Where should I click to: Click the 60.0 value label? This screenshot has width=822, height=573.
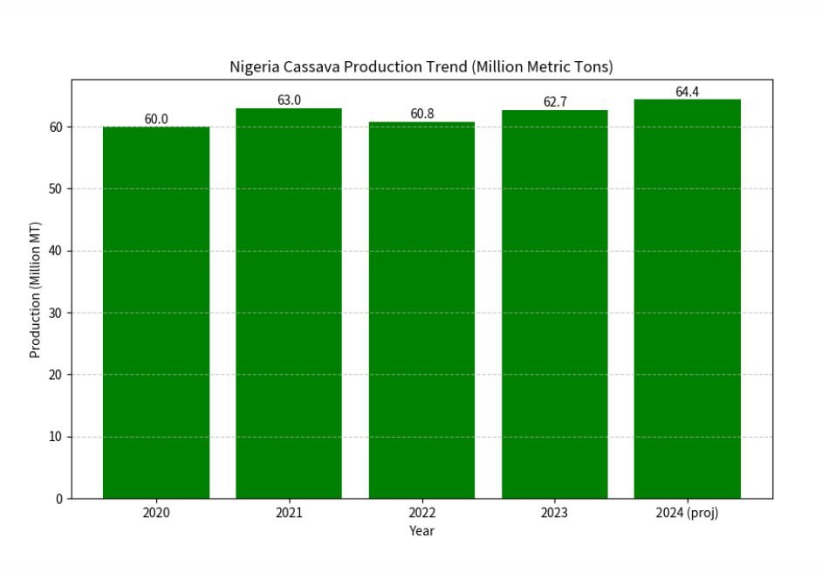coord(156,120)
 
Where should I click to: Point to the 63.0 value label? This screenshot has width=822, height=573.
coord(289,100)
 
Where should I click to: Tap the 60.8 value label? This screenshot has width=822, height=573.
coord(421,114)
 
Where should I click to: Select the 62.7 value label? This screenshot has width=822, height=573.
coord(554,102)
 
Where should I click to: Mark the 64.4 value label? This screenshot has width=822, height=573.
coord(687,92)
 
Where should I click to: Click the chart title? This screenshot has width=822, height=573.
coord(421,67)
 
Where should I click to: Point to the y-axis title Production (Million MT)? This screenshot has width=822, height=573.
coord(36,289)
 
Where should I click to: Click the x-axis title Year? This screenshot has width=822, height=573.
coord(421,531)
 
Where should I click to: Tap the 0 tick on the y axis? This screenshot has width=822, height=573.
coord(59,499)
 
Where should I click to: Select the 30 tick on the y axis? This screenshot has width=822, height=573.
coord(56,313)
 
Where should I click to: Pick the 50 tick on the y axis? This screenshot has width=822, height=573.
coord(56,189)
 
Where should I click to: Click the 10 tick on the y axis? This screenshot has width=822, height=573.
coord(56,437)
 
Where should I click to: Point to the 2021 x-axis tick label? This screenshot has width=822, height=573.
coord(289,514)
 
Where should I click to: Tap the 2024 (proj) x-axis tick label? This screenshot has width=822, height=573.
coord(687,514)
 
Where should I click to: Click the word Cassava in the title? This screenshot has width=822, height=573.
coord(312,67)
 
